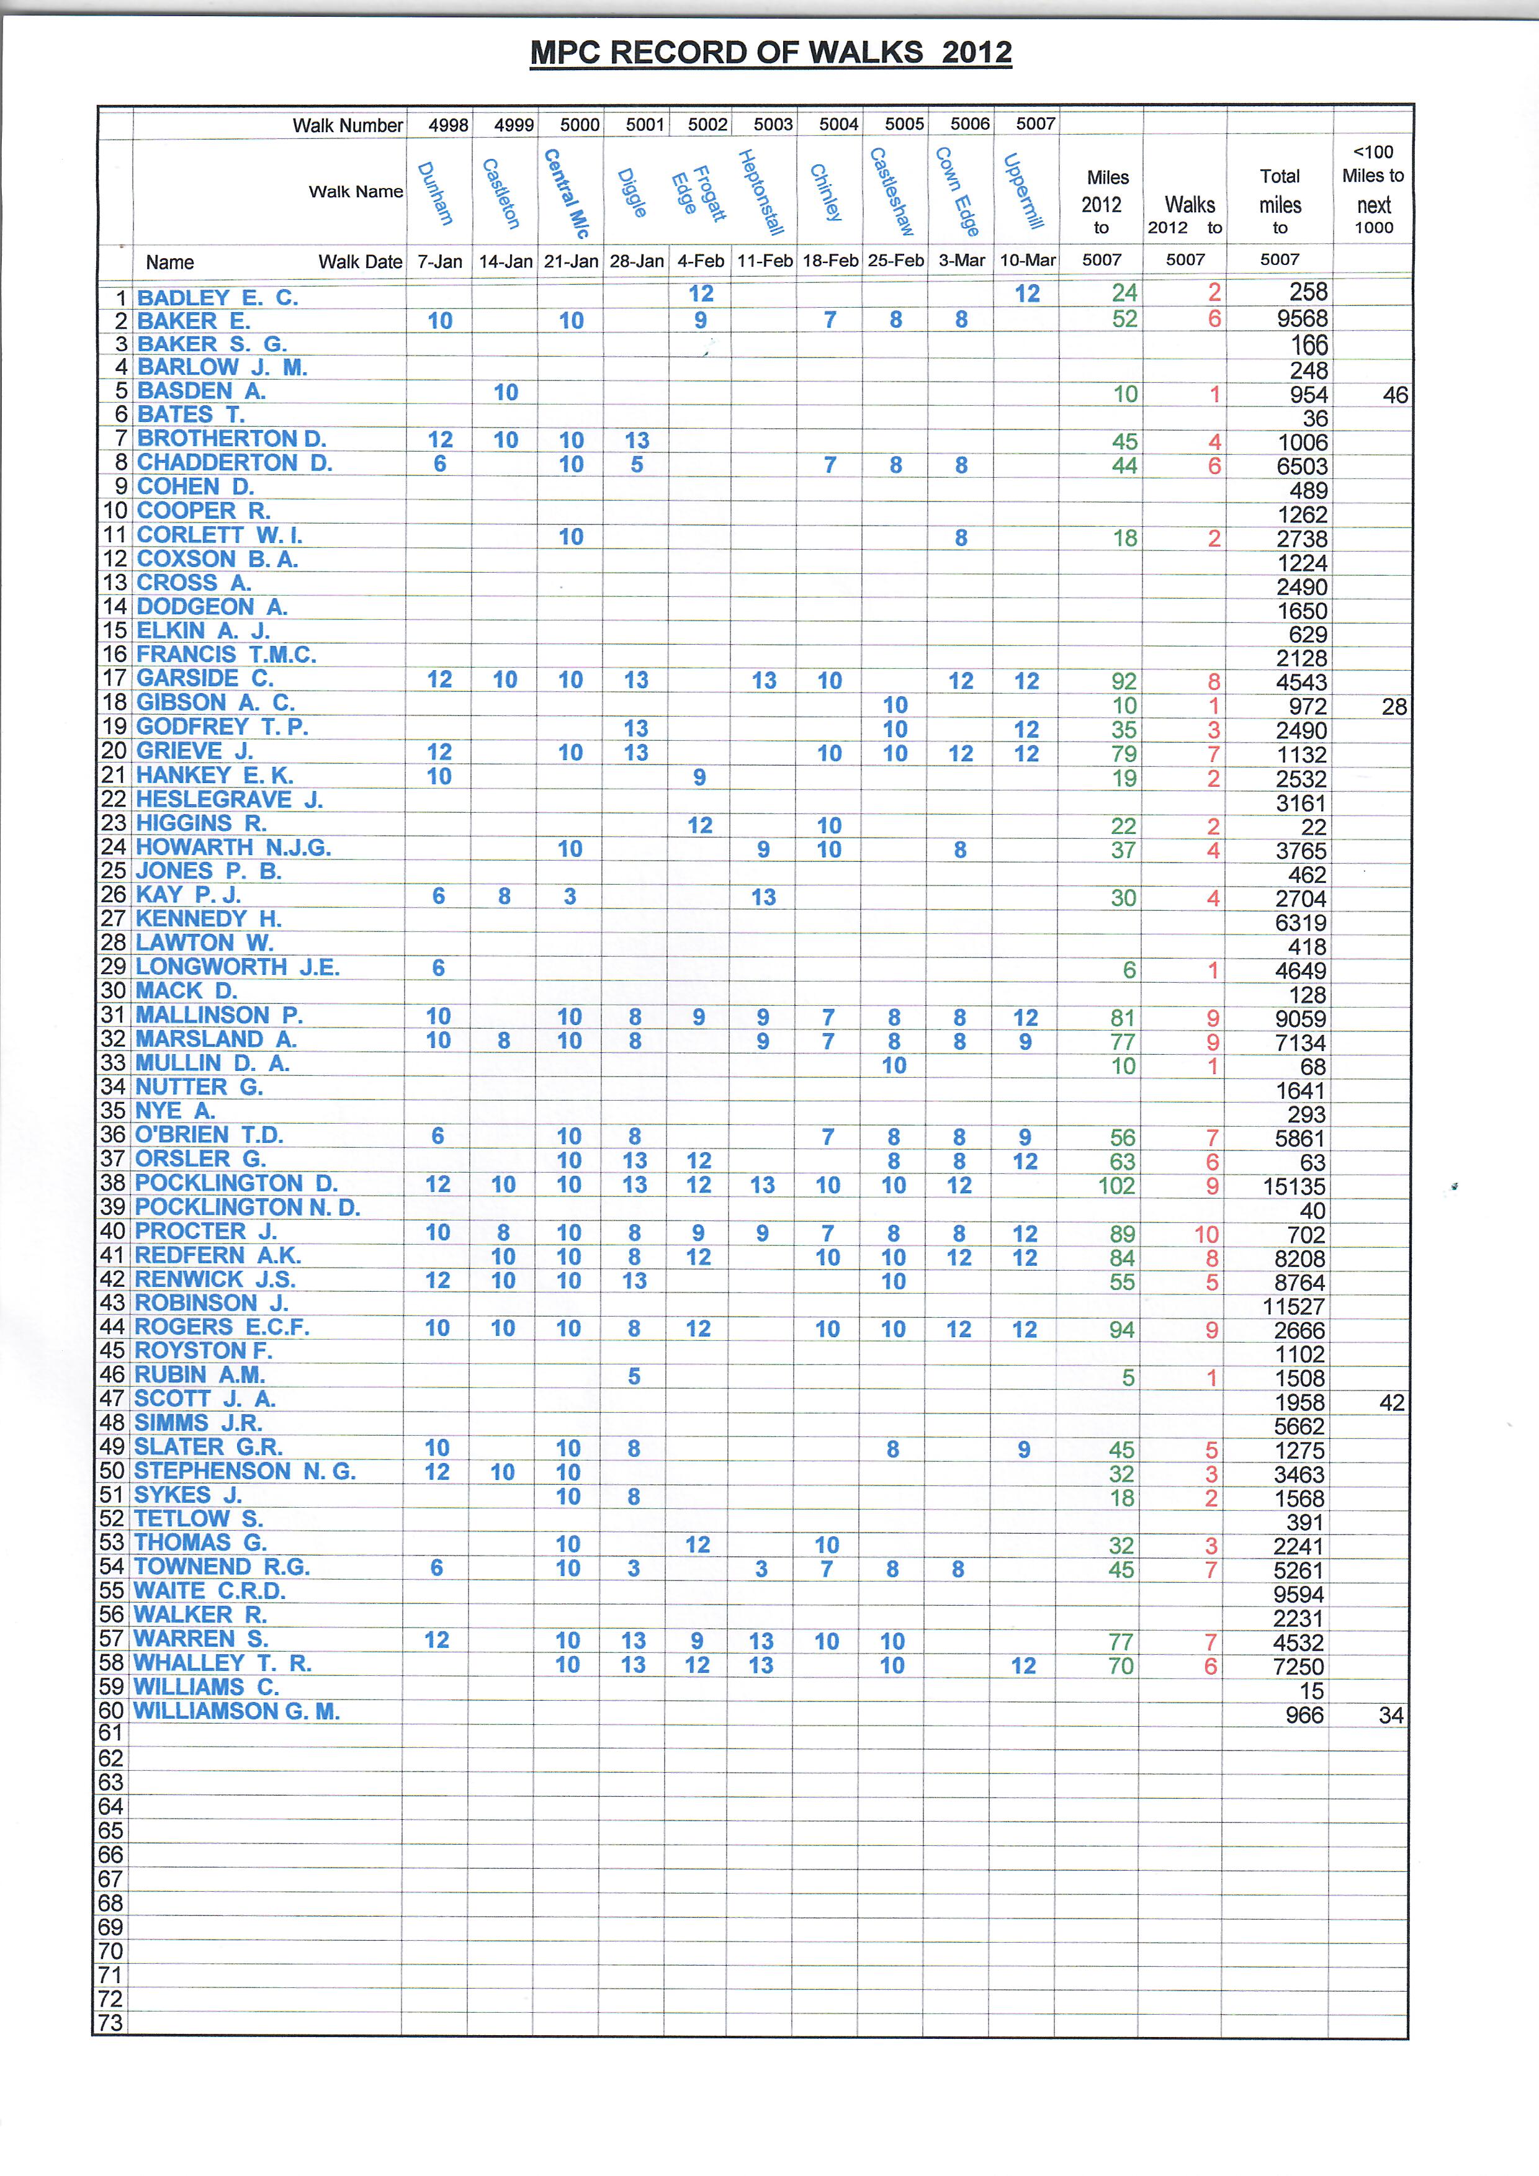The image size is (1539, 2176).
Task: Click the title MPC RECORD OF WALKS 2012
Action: pyautogui.click(x=771, y=52)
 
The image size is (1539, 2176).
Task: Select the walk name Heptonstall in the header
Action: pyautogui.click(x=761, y=192)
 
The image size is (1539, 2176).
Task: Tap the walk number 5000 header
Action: pyautogui.click(x=579, y=124)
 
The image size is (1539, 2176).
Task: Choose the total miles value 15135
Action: pyautogui.click(x=1294, y=1186)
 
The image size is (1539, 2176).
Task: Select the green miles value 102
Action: pyautogui.click(x=1116, y=1186)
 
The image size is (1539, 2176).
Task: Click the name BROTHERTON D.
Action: pyautogui.click(x=231, y=439)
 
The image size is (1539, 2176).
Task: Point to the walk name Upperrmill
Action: pyautogui.click(x=1023, y=192)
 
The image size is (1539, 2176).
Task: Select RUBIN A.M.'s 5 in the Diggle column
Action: pyautogui.click(x=634, y=1376)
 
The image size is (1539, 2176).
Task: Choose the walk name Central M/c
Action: pyautogui.click(x=567, y=192)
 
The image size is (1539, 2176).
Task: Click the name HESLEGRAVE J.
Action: pyautogui.click(x=230, y=799)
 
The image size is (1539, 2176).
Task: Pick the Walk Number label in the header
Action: pyautogui.click(x=347, y=125)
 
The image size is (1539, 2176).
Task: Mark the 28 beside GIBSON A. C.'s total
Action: pyautogui.click(x=1394, y=706)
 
